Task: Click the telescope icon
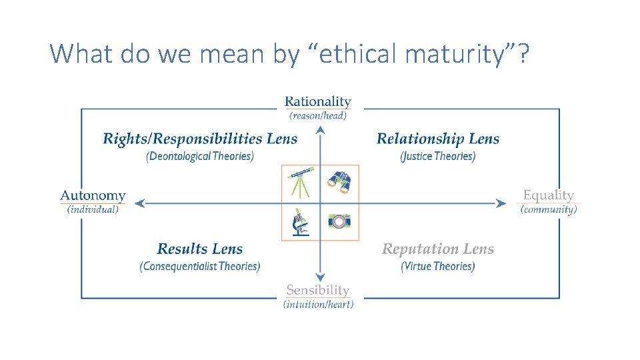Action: [301, 183]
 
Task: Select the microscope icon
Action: [301, 222]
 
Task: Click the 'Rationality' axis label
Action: [317, 101]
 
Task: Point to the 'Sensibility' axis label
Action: [317, 290]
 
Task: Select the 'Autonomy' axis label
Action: [93, 195]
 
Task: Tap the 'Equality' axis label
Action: [548, 195]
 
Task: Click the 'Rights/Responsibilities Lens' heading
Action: [200, 139]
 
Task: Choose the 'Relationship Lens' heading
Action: [437, 139]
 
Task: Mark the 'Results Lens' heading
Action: [200, 249]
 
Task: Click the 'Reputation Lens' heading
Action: [437, 249]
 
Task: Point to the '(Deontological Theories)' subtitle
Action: [200, 156]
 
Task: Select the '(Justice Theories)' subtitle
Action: [437, 156]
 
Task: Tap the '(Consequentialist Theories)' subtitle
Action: [200, 266]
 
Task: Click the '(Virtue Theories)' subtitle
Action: [437, 266]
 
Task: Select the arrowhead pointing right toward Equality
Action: [502, 203]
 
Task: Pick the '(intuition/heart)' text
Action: [318, 304]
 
